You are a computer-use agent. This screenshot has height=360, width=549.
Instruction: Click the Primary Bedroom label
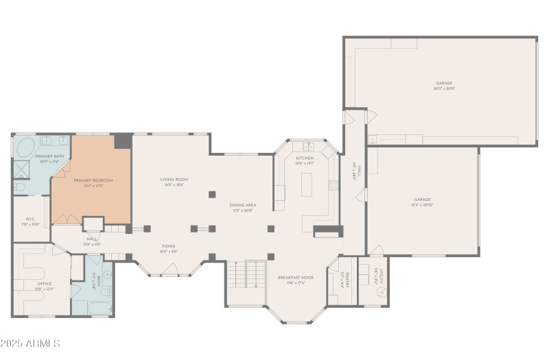coord(93,180)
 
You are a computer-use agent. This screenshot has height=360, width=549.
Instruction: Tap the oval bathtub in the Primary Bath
coord(26,147)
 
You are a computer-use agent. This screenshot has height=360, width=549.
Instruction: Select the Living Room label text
coord(176,180)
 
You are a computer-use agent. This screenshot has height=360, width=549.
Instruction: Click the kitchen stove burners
coord(334,185)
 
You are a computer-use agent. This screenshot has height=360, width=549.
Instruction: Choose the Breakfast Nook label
coord(296,278)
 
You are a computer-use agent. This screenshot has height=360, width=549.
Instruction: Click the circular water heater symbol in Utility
coord(381,292)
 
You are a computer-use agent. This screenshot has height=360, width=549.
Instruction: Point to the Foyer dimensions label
coord(169,252)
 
